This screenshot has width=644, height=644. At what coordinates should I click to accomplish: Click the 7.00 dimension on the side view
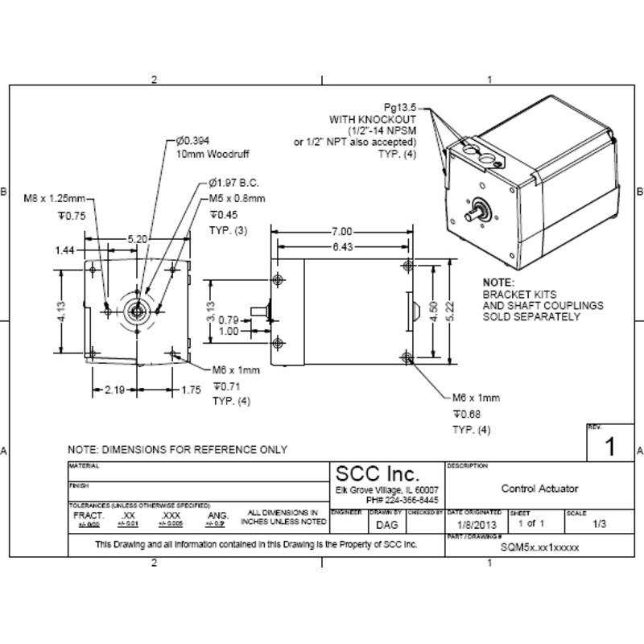click(x=341, y=232)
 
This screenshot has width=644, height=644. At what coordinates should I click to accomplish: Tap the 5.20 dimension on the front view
click(x=138, y=239)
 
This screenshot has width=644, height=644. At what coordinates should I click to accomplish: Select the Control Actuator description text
click(x=539, y=489)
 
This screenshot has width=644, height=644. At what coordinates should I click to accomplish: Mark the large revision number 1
click(x=609, y=447)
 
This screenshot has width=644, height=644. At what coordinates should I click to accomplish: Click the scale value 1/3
click(x=600, y=525)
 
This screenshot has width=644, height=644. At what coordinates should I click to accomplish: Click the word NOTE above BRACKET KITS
click(x=497, y=283)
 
